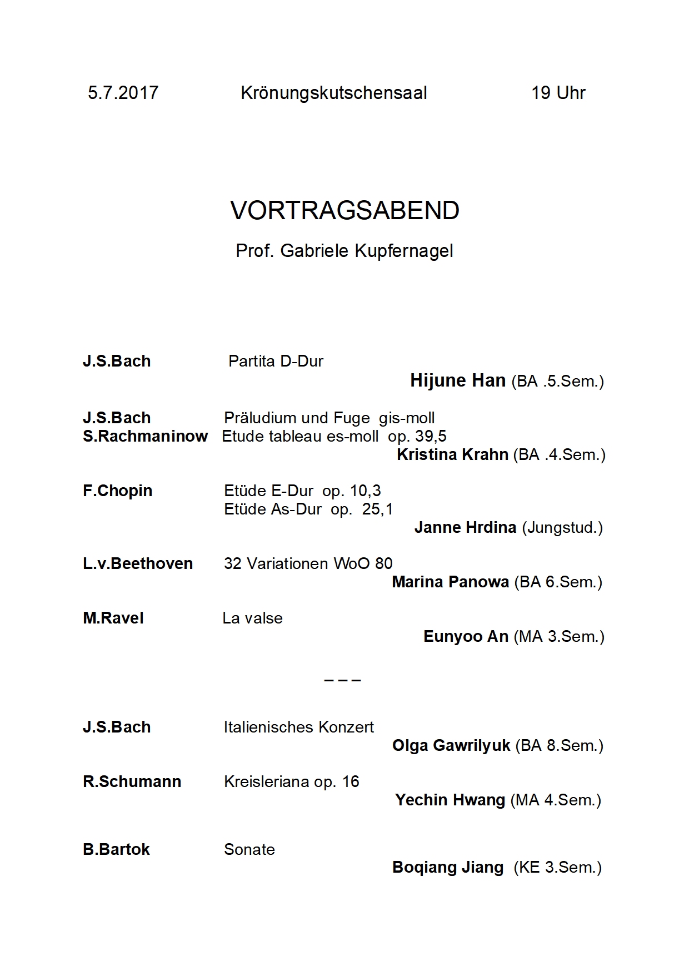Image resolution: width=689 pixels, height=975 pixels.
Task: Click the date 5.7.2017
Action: [x=123, y=92]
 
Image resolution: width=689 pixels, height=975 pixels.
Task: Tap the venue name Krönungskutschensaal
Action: [x=334, y=92]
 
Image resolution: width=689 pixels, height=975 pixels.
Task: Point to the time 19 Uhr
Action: [x=558, y=92]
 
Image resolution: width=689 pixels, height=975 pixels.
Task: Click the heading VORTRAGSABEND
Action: [x=344, y=210]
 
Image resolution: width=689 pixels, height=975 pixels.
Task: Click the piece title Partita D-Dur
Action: [x=276, y=362]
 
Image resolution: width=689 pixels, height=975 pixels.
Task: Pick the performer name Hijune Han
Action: [x=458, y=380]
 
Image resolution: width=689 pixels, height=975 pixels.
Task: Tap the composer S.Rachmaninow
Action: [x=145, y=436]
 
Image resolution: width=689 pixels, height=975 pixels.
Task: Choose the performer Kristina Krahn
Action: [x=452, y=454]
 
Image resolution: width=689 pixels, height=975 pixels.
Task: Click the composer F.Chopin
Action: [x=117, y=491]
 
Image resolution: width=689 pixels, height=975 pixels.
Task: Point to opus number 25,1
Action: [x=377, y=509]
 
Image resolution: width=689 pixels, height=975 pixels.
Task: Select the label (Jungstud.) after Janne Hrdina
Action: [x=562, y=527]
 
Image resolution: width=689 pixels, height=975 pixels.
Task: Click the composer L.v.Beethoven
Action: [x=138, y=563]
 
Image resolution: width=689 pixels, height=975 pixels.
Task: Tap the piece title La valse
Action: [x=252, y=618]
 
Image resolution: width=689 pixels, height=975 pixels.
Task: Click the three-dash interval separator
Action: [x=342, y=680]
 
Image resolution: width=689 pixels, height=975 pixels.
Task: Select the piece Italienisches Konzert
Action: [x=299, y=727]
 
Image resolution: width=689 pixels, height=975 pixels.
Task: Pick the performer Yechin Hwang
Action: [x=450, y=800]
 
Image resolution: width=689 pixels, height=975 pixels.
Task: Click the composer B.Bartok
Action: [x=116, y=849]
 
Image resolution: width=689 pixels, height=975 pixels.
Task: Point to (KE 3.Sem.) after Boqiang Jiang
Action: [x=557, y=868]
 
